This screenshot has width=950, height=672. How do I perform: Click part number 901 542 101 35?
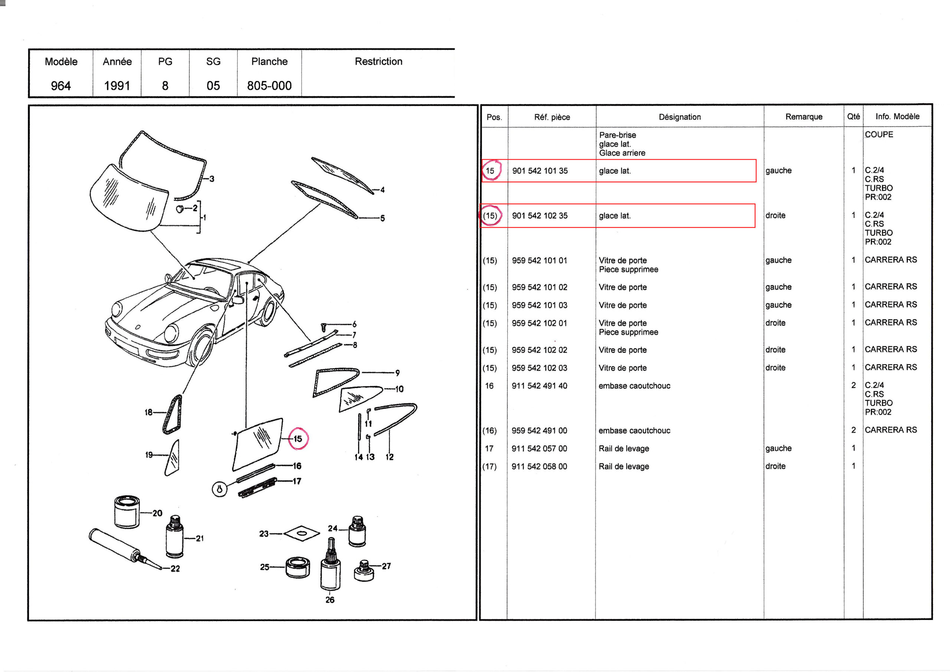[540, 170]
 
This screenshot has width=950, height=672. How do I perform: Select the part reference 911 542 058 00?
[539, 466]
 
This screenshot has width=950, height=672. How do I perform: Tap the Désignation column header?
[679, 117]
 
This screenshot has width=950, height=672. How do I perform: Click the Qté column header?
[853, 116]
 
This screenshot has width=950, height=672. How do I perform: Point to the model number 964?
[61, 86]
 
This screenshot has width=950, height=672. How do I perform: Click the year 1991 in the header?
[117, 86]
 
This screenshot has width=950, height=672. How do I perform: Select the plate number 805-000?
[269, 86]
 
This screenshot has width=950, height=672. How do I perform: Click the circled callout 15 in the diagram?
[298, 438]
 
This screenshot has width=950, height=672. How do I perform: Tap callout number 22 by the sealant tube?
[175, 568]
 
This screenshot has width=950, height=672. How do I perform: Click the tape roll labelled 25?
[298, 567]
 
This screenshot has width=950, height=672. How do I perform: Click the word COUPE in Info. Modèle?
[879, 134]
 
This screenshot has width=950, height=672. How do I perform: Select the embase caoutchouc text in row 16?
[634, 386]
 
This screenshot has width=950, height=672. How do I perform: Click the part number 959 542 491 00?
[539, 431]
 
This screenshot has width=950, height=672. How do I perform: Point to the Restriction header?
[378, 61]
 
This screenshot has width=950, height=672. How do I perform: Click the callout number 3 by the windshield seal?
[212, 179]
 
